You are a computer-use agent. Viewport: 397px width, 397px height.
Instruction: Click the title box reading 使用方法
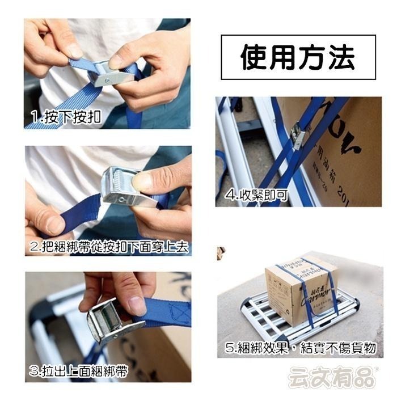click(298, 57)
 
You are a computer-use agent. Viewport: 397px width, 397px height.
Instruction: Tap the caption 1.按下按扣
click(65, 118)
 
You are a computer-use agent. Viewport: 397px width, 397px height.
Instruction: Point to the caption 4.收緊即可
click(256, 196)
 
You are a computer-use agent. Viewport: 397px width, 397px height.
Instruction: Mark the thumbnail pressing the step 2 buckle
click(142, 181)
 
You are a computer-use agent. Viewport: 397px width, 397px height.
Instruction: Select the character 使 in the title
click(255, 57)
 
